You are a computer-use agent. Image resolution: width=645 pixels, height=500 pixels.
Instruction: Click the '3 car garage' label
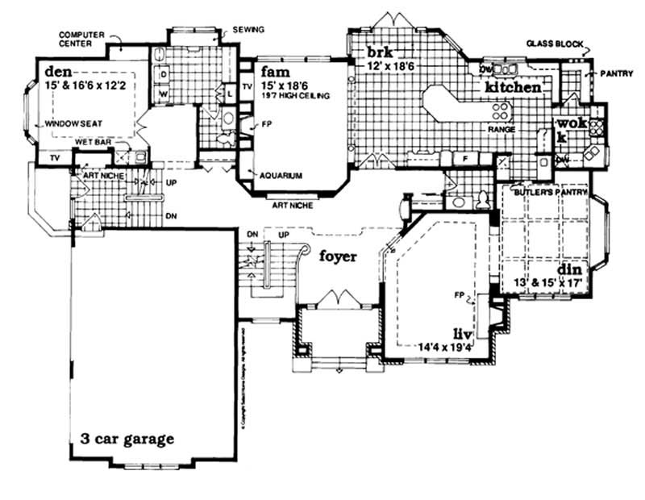(x=127, y=440)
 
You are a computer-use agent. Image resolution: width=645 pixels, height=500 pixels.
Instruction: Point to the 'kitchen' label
(x=513, y=86)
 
